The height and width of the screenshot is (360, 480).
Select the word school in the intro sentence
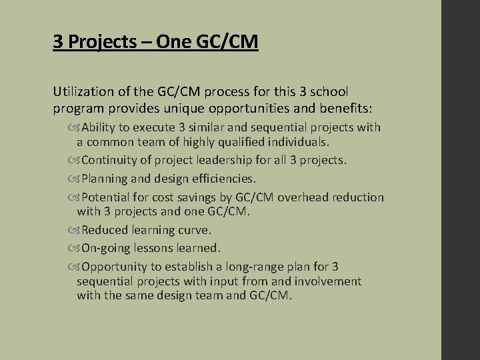pos(329,91)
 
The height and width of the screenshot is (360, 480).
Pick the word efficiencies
pos(221,179)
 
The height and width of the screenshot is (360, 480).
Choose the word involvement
pos(327,281)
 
